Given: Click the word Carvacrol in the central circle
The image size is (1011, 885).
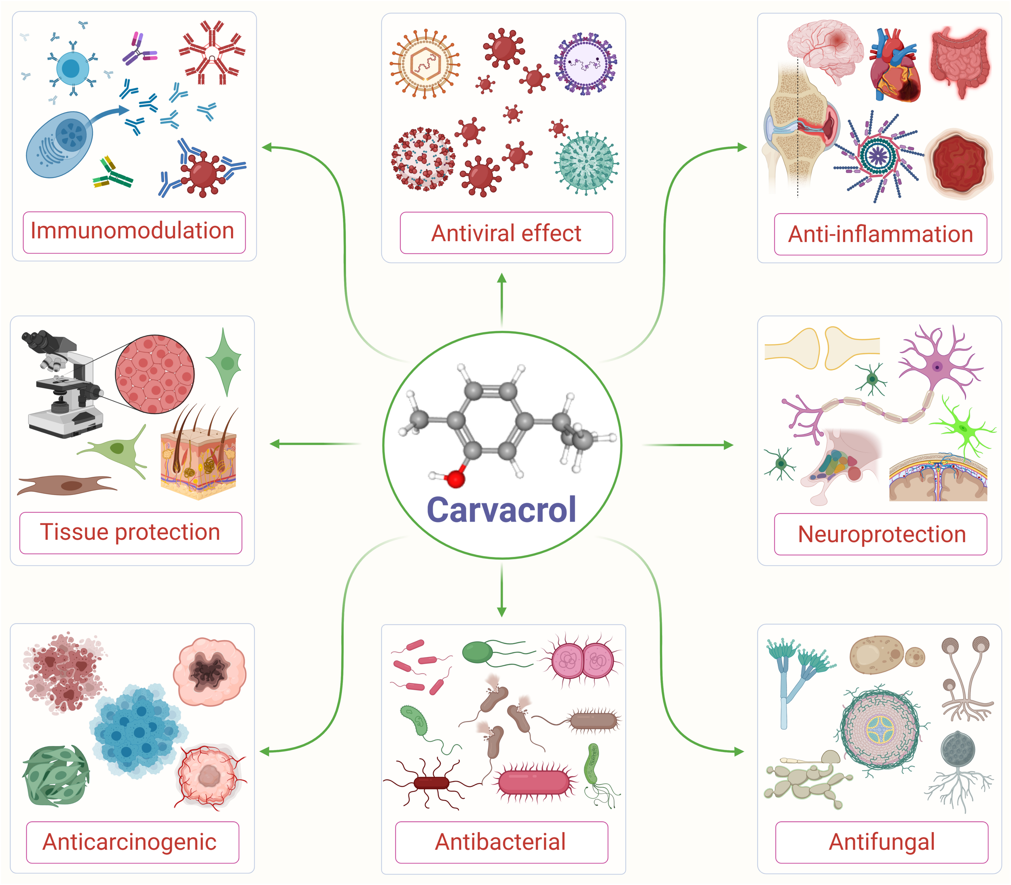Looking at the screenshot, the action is [x=501, y=510].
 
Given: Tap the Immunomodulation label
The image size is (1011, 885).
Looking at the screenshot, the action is [x=132, y=231].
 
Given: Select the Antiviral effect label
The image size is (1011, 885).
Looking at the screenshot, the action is [x=506, y=233].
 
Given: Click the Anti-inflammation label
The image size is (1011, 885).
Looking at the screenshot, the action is [x=880, y=234].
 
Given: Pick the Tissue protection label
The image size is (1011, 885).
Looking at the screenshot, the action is [x=131, y=532].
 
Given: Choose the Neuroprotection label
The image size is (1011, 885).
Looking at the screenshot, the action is [x=882, y=534].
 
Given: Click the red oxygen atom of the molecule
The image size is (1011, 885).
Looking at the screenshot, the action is [x=455, y=478].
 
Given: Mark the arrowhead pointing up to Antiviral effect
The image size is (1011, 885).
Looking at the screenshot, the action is [x=501, y=278].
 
